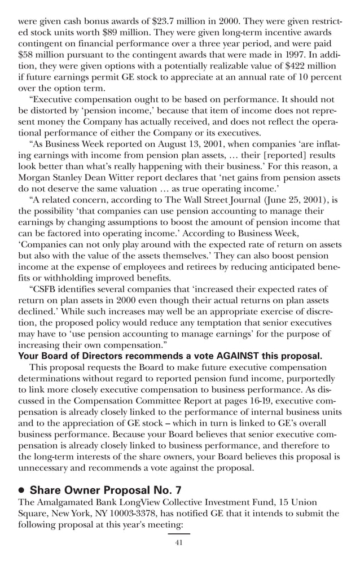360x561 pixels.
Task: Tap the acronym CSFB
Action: (x=46, y=290)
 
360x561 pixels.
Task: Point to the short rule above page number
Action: (x=179, y=533)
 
